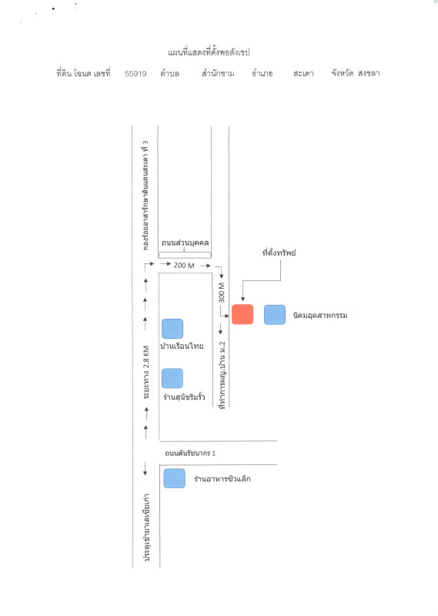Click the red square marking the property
pyautogui.click(x=242, y=314)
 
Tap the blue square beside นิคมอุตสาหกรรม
pyautogui.click(x=275, y=315)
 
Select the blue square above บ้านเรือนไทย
pyautogui.click(x=172, y=329)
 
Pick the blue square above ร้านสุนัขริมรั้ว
pyautogui.click(x=172, y=378)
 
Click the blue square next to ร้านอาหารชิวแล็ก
pyautogui.click(x=175, y=478)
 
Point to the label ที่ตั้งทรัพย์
pyautogui.click(x=279, y=253)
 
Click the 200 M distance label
pyautogui.click(x=184, y=266)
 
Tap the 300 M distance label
pyautogui.click(x=222, y=293)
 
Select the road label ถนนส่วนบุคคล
pyautogui.click(x=185, y=243)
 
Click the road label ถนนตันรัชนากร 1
pyautogui.click(x=190, y=453)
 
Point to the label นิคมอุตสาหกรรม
pyautogui.click(x=320, y=315)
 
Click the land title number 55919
pyautogui.click(x=135, y=73)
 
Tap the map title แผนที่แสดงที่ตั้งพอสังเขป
pyautogui.click(x=209, y=52)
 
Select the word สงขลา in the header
pyautogui.click(x=369, y=73)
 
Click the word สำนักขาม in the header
pyautogui.click(x=218, y=73)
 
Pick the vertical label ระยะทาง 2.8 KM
pyautogui.click(x=146, y=373)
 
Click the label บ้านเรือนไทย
pyautogui.click(x=182, y=346)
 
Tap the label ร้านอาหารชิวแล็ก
pyautogui.click(x=222, y=478)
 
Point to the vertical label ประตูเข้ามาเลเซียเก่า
pyautogui.click(x=146, y=527)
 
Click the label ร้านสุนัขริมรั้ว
pyautogui.click(x=184, y=397)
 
